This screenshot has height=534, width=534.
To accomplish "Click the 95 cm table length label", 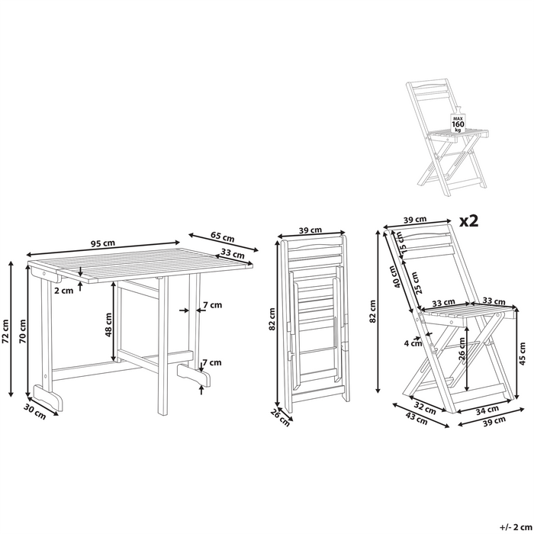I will click(x=103, y=243).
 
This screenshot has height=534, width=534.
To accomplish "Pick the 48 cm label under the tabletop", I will click(x=108, y=327).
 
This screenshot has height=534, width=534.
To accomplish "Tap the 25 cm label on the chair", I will click(x=415, y=282).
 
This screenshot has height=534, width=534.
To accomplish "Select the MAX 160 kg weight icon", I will click(x=458, y=123).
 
